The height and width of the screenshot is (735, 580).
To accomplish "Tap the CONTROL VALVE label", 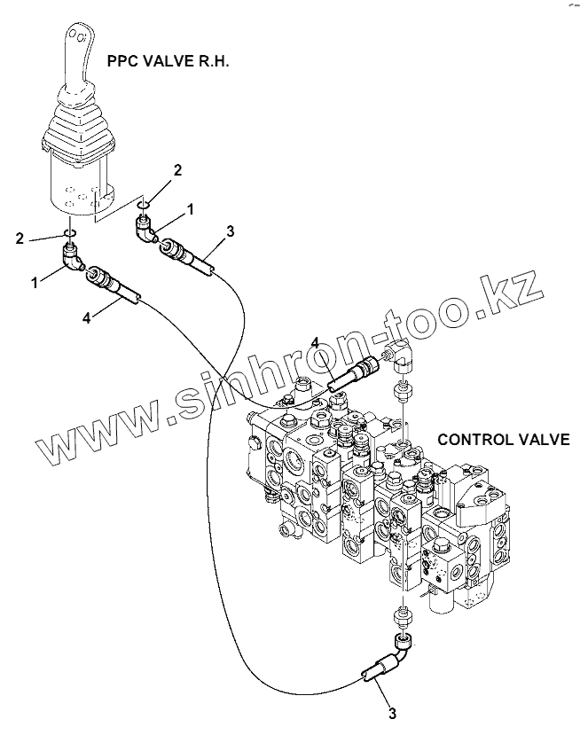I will pos(504,440).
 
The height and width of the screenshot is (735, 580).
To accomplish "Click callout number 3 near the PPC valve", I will pos(230,232).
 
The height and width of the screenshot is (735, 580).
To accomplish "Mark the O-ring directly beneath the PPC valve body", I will pos(69,235).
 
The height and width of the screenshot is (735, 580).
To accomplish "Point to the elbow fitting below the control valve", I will pos(404,645).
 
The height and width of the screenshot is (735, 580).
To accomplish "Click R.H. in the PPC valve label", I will pos(213,62).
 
